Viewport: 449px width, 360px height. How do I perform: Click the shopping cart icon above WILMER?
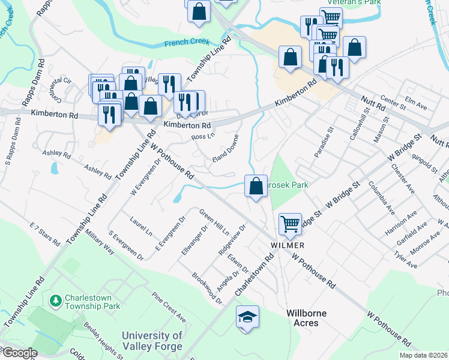tap(291, 224)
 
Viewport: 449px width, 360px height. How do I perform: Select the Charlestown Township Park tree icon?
tap(56, 298)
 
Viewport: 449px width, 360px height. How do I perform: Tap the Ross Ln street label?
tap(202, 137)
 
